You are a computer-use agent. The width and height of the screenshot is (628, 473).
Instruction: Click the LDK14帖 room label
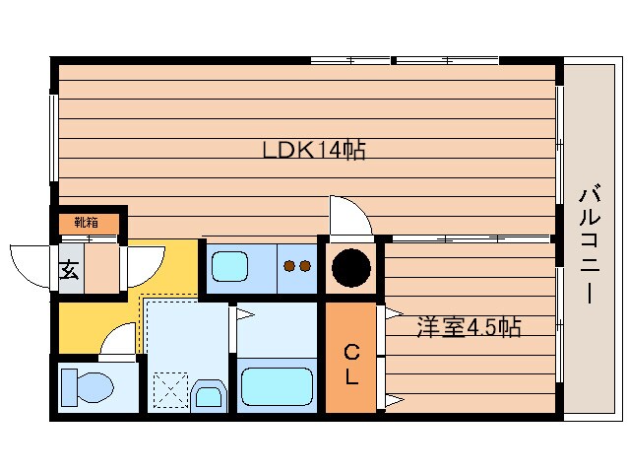pyautogui.click(x=314, y=151)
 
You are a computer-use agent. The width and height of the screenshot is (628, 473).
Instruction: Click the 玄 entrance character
pyautogui.click(x=69, y=269)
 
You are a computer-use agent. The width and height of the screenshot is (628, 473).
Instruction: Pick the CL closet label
pyautogui.click(x=350, y=363)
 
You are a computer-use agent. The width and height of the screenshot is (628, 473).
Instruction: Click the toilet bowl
pyautogui.click(x=86, y=386)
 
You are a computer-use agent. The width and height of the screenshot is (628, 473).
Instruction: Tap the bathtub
pyautogui.click(x=277, y=386)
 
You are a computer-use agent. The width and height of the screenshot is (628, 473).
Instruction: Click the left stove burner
pyautogui.click(x=289, y=265)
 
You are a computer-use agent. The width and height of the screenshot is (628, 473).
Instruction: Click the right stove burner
pyautogui.click(x=305, y=265)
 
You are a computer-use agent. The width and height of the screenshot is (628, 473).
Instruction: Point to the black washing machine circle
pyautogui.click(x=350, y=267)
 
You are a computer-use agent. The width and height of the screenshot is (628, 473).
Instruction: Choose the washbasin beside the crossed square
pyautogui.click(x=209, y=396)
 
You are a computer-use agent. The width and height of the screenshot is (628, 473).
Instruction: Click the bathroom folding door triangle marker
pyautogui.click(x=243, y=315)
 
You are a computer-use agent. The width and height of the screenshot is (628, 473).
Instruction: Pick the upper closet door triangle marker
pyautogui.click(x=393, y=314)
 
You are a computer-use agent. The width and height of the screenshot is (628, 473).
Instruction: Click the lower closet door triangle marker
pyautogui.click(x=393, y=400)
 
